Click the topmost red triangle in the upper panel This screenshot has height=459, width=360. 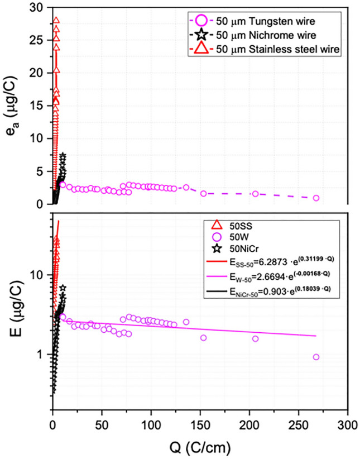click(x=56, y=21)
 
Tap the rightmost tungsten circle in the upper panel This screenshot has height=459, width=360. click(x=316, y=198)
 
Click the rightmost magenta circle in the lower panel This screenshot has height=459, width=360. click(x=316, y=357)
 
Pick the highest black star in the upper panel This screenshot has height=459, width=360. click(x=63, y=156)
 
